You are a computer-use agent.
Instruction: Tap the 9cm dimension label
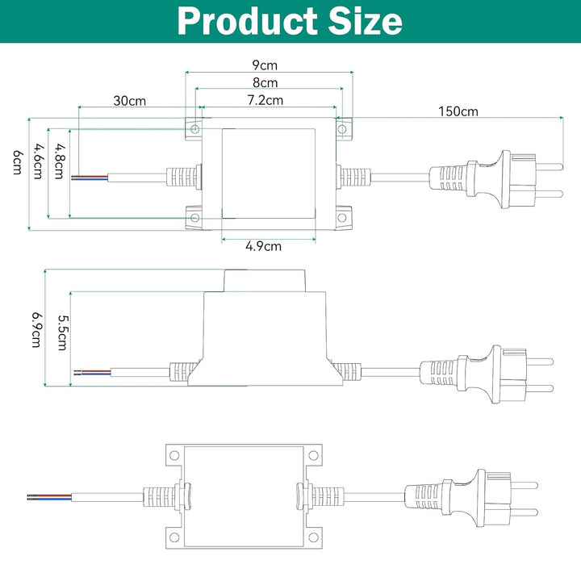click(x=265, y=65)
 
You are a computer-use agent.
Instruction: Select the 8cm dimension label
click(x=265, y=82)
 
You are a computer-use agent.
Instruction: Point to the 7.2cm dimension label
click(x=265, y=100)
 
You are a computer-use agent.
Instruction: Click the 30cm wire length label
click(x=129, y=101)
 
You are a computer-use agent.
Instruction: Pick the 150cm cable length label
click(x=458, y=111)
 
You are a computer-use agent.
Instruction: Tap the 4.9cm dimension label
click(x=264, y=246)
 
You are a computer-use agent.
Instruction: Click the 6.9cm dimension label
click(x=36, y=329)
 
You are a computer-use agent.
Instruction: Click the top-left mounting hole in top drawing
click(x=194, y=127)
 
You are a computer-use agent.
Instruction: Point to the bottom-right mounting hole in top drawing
click(x=342, y=219)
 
